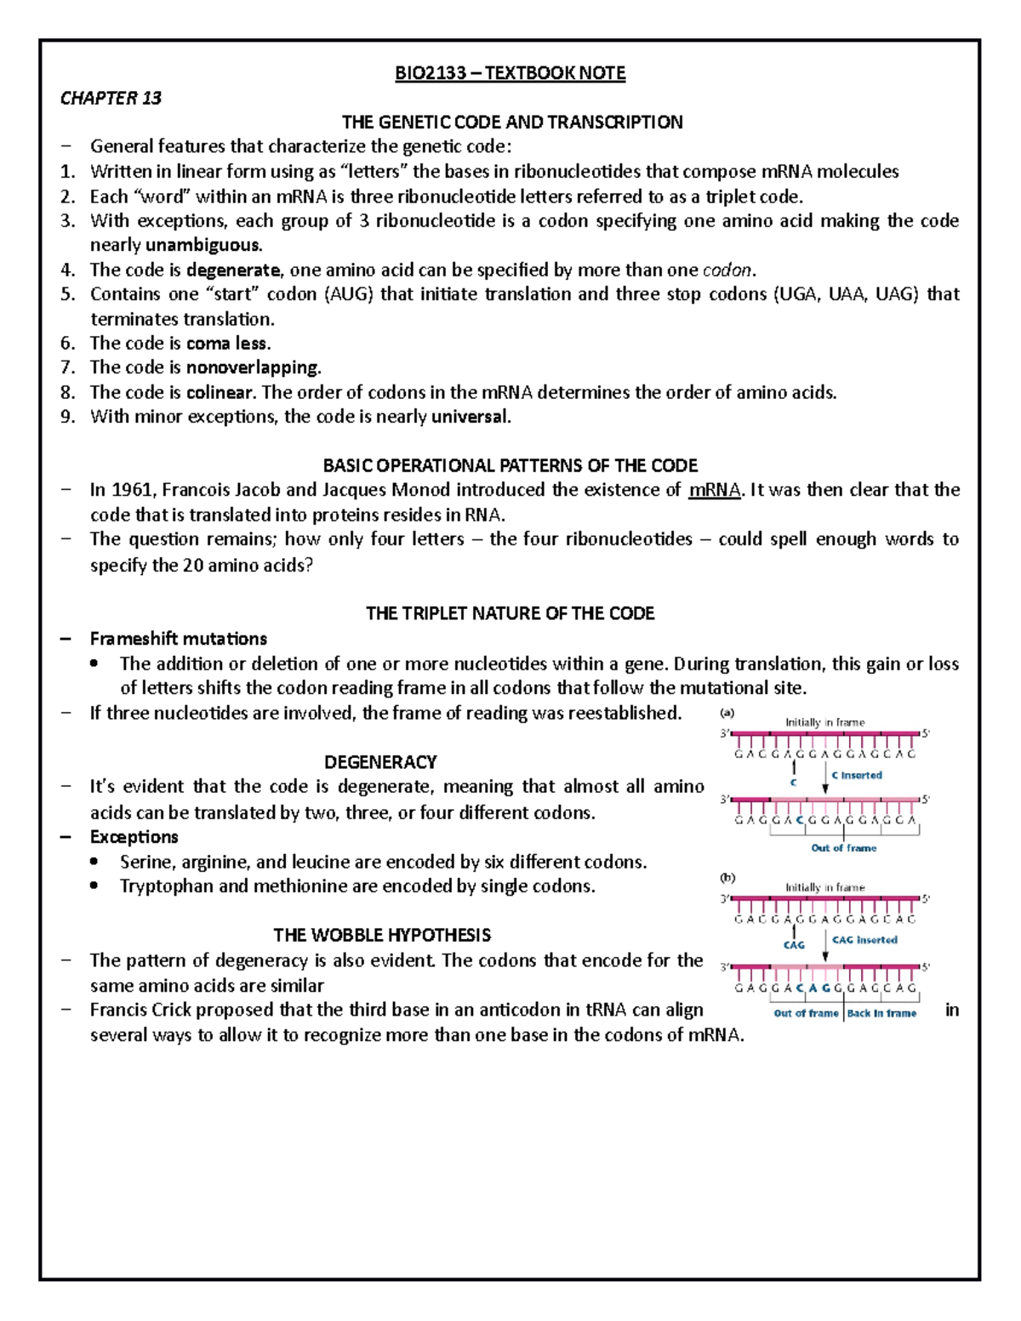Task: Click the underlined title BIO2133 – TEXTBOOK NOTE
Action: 510,73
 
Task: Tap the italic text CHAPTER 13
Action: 111,98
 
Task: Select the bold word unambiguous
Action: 203,246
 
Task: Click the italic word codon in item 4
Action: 727,270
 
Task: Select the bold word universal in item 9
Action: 470,417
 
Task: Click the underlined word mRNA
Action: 714,490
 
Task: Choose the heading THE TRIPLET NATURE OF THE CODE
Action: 510,613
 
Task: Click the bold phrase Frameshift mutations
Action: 179,639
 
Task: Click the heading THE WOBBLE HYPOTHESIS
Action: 382,936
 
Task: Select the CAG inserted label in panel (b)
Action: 864,940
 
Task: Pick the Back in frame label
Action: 881,1013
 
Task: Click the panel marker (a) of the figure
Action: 727,713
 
